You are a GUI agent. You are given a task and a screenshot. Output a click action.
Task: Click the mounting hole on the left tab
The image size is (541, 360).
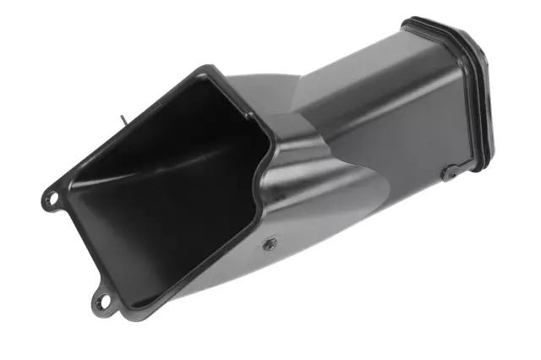click(51, 199)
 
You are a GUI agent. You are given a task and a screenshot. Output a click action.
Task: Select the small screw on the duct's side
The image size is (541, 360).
click(269, 243)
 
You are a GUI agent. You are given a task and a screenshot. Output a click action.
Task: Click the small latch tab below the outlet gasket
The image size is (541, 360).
click(448, 172)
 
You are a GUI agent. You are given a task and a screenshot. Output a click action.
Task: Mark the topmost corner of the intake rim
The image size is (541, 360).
click(205, 69)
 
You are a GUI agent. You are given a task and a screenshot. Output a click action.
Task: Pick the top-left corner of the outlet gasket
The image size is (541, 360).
click(408, 23)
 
